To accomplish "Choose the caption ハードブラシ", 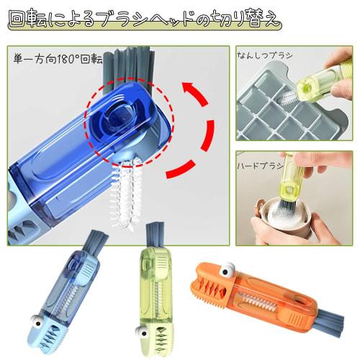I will coord(261,165).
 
